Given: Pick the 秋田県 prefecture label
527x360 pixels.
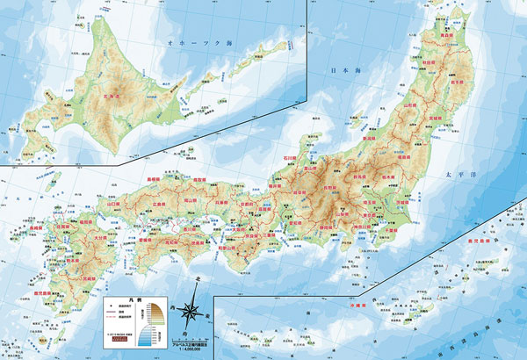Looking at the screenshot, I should (x=428, y=63).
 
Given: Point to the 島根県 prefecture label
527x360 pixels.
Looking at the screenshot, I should (x=153, y=179).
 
